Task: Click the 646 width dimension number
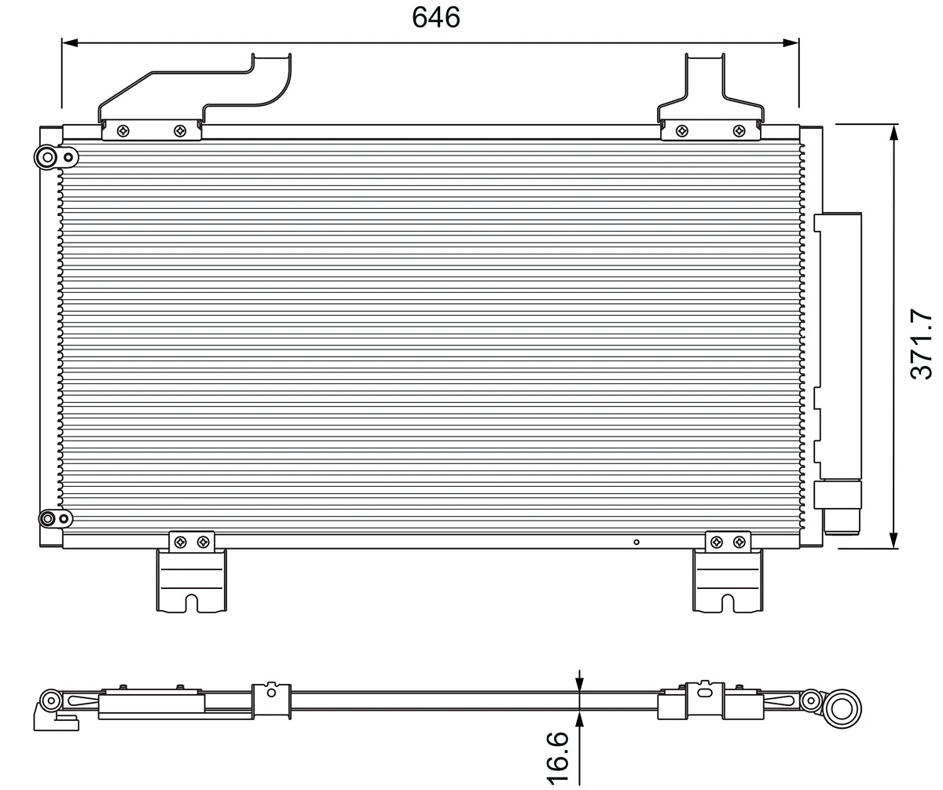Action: pyautogui.click(x=436, y=16)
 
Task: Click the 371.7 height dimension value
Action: pyautogui.click(x=921, y=345)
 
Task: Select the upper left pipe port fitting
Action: pyautogui.click(x=48, y=158)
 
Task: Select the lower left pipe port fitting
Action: pyautogui.click(x=48, y=518)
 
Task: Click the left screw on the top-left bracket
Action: pyautogui.click(x=123, y=131)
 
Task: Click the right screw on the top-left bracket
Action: pyautogui.click(x=180, y=131)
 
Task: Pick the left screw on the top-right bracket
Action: pyautogui.click(x=681, y=131)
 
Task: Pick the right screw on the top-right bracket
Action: pyautogui.click(x=739, y=131)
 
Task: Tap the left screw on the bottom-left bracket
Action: pyautogui.click(x=180, y=542)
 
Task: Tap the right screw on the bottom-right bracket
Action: pyautogui.click(x=739, y=542)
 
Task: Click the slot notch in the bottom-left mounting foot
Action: pyautogui.click(x=192, y=603)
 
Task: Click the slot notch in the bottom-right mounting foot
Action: pyautogui.click(x=728, y=603)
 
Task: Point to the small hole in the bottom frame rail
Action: pyautogui.click(x=637, y=542)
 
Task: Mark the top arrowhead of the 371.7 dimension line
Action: pyautogui.click(x=893, y=131)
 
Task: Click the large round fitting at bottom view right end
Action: pyautogui.click(x=842, y=709)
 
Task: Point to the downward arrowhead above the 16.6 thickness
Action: pyautogui.click(x=580, y=686)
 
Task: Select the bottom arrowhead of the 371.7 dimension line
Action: pyautogui.click(x=893, y=541)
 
